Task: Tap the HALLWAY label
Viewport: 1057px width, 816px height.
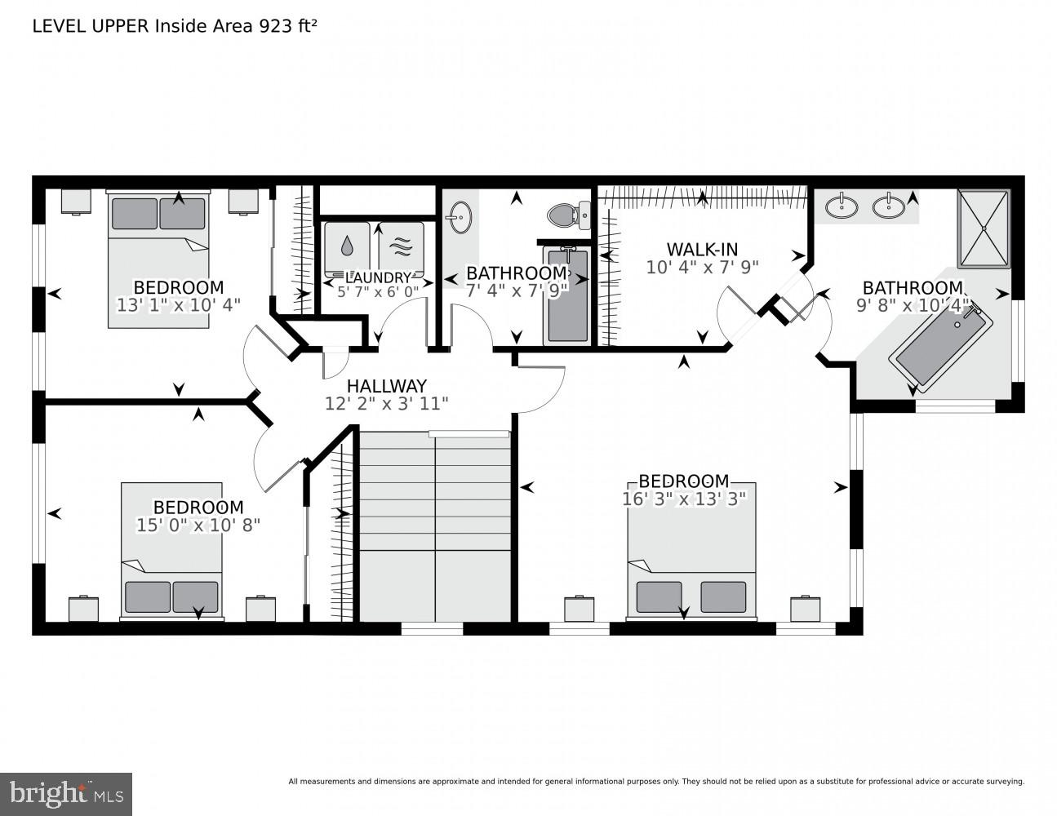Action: tap(386, 386)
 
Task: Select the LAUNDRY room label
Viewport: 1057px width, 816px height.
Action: tap(377, 277)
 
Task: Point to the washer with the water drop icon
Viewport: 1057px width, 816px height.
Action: tap(347, 245)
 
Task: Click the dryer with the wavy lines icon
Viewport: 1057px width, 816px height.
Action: tap(401, 245)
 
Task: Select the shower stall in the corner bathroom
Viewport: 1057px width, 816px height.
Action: tap(984, 228)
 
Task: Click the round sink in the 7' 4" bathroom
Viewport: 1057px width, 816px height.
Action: tap(459, 218)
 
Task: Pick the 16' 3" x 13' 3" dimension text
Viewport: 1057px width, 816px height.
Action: tap(684, 499)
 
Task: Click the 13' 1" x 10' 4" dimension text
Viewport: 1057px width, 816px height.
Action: tap(179, 304)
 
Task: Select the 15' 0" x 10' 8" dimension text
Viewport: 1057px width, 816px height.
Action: tap(198, 525)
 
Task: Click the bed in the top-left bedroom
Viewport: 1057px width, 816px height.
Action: tap(158, 257)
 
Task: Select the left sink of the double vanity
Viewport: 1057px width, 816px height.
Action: tap(840, 206)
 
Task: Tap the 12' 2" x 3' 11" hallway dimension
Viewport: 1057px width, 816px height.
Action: tap(386, 403)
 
